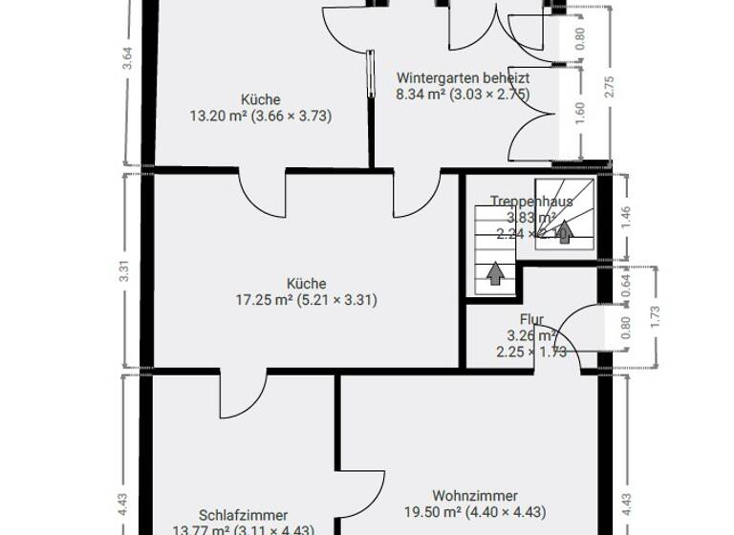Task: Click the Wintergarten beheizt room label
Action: [463, 77]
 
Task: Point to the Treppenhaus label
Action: [531, 201]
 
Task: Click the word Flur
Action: [531, 319]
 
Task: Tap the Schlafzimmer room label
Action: [243, 515]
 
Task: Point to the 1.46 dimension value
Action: [626, 214]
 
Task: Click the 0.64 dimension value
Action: [626, 285]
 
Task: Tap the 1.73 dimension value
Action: [654, 317]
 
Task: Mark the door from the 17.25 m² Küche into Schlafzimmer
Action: [243, 392]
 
